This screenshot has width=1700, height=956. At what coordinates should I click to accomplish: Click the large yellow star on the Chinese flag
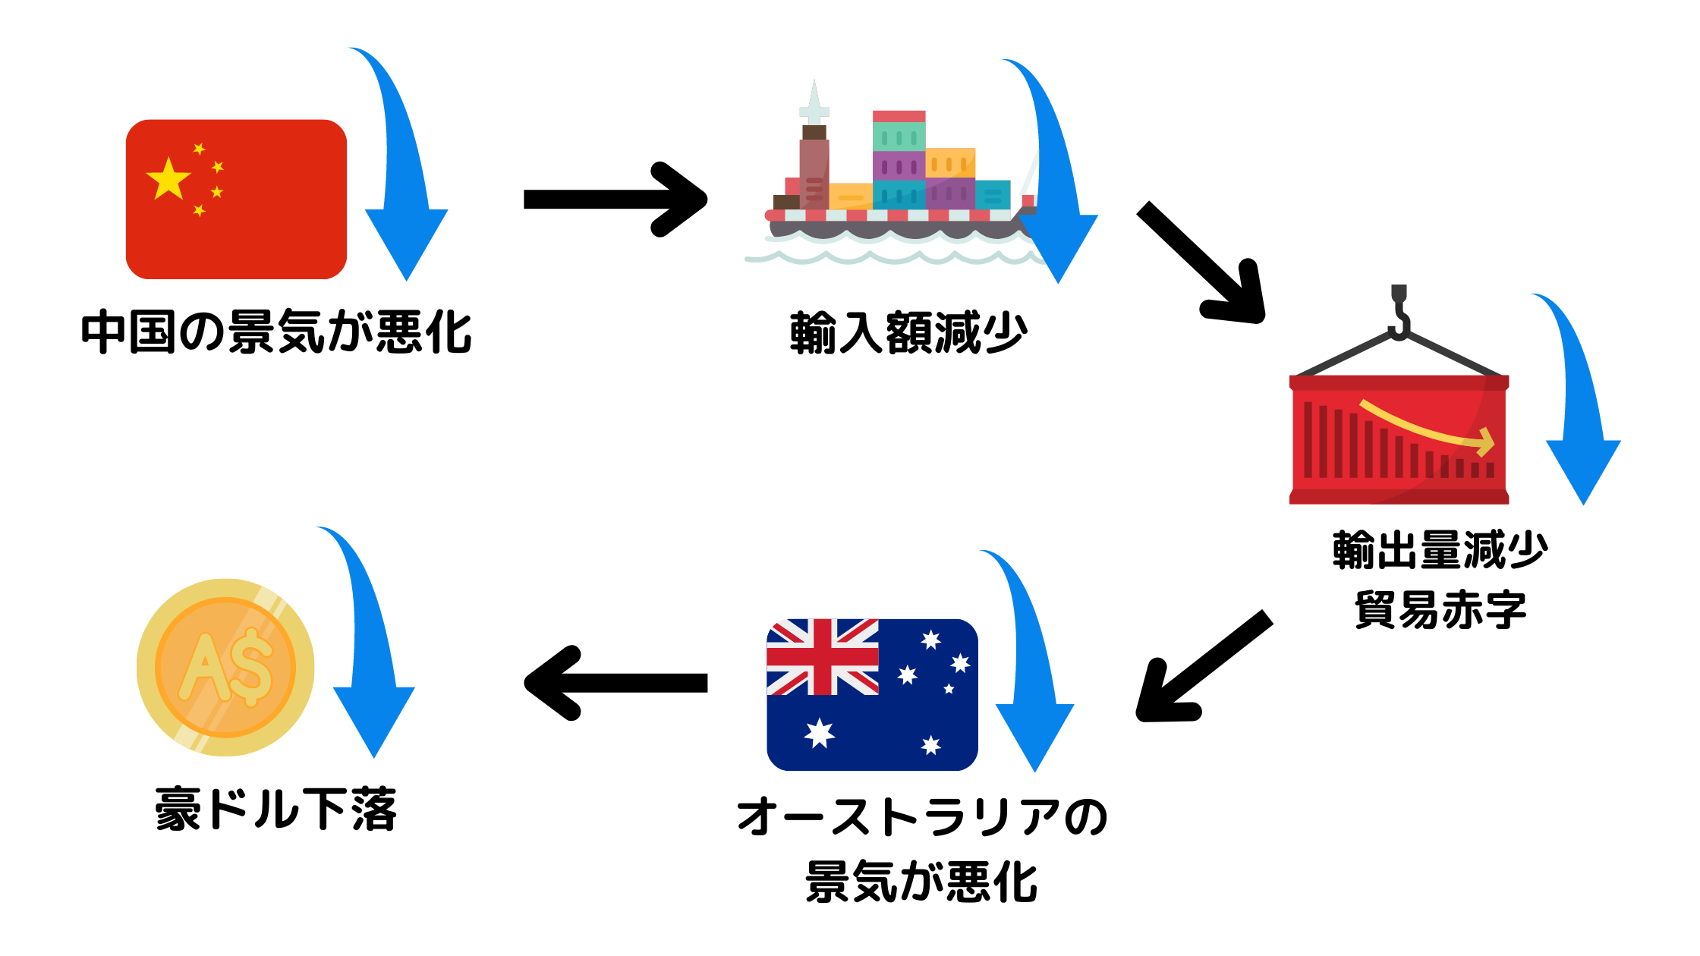click(168, 180)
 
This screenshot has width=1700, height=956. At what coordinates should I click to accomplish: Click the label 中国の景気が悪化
click(276, 332)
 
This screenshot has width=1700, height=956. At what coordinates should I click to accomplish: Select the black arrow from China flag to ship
click(615, 200)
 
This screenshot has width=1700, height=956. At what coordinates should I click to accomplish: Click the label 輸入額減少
click(908, 332)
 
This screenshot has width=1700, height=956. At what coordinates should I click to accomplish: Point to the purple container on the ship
click(899, 165)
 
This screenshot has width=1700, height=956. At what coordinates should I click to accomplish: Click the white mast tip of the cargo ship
click(814, 95)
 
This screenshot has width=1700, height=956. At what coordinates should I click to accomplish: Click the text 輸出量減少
click(1440, 550)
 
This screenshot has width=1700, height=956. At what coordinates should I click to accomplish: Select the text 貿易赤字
click(1440, 609)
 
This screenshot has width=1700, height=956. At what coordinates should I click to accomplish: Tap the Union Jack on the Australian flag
click(823, 657)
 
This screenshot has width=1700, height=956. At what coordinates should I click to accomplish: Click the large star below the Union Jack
click(820, 733)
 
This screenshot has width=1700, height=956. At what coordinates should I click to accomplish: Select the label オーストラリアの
click(922, 818)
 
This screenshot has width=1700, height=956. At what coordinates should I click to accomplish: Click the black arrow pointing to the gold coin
click(615, 683)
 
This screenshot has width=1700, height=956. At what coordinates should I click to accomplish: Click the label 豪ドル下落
click(276, 809)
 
